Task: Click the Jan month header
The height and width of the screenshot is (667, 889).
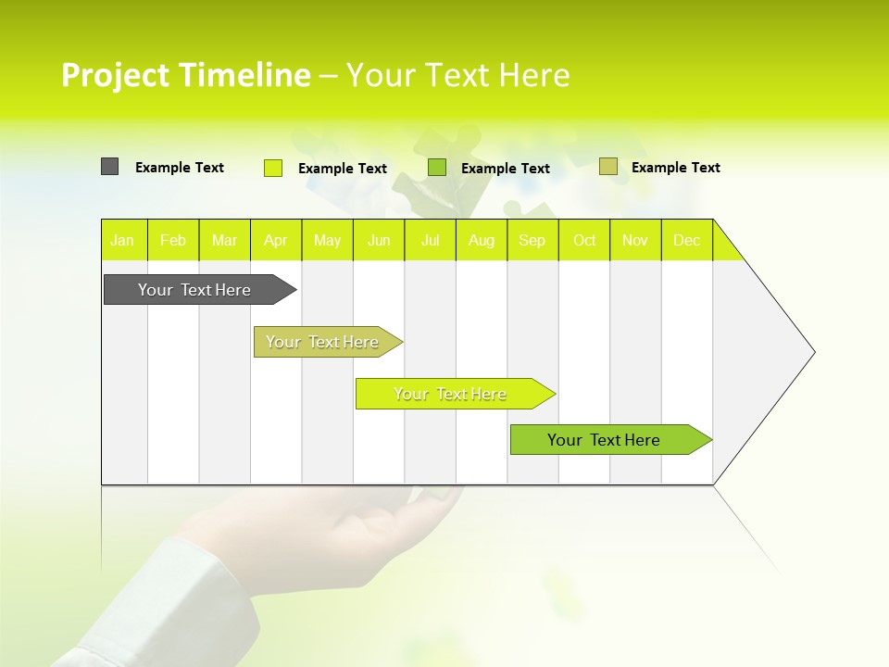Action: pyautogui.click(x=123, y=240)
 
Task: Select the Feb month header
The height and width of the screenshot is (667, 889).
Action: pyautogui.click(x=173, y=240)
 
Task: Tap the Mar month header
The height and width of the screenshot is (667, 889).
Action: pyautogui.click(x=224, y=240)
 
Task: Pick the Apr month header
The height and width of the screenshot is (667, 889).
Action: pyautogui.click(x=276, y=240)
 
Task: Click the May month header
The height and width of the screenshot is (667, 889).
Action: pyautogui.click(x=327, y=240)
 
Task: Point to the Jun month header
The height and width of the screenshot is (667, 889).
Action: pyautogui.click(x=379, y=240)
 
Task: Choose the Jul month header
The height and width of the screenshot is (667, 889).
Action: pyautogui.click(x=430, y=240)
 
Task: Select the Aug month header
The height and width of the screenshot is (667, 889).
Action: pyautogui.click(x=482, y=240)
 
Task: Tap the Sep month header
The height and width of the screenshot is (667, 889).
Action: pyautogui.click(x=532, y=240)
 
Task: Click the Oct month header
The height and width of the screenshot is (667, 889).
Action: pyautogui.click(x=584, y=240)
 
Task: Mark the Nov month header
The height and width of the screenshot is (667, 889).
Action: pyautogui.click(x=635, y=240)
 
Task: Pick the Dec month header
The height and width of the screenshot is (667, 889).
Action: pyautogui.click(x=687, y=240)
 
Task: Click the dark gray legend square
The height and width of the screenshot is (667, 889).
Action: pyautogui.click(x=109, y=167)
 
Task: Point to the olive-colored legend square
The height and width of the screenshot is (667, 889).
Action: pyautogui.click(x=607, y=167)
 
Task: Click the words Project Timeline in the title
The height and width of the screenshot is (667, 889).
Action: pyautogui.click(x=185, y=75)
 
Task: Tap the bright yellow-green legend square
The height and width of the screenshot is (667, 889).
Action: pyautogui.click(x=273, y=168)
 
